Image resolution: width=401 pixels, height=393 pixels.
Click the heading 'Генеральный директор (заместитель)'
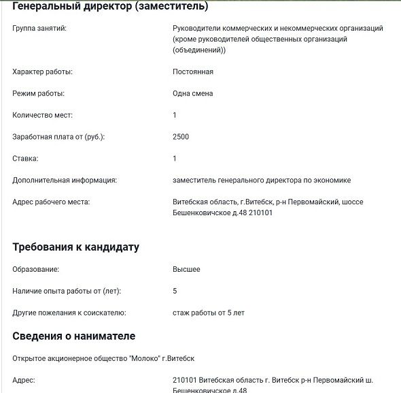pyautogui.click(x=110, y=7)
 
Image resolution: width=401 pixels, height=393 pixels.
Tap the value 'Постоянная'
pyautogui.click(x=193, y=72)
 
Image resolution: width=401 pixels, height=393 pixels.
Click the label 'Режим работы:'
pyautogui.click(x=39, y=93)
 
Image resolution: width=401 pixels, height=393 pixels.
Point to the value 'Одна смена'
pyautogui.click(x=193, y=93)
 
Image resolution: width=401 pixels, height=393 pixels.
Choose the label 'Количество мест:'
pyautogui.click(x=42, y=115)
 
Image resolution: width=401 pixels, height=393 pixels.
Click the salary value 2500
pyautogui.click(x=181, y=137)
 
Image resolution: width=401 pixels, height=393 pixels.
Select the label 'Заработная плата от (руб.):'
pyautogui.click(x=58, y=137)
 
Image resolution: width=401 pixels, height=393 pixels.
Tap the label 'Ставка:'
pyautogui.click(x=26, y=159)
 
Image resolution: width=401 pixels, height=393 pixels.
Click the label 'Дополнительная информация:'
pyautogui.click(x=65, y=180)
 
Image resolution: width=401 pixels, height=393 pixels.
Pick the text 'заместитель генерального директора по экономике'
pyautogui.click(x=262, y=180)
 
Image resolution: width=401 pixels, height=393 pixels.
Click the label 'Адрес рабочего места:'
pyautogui.click(x=51, y=202)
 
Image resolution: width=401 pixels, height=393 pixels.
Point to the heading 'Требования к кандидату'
pyautogui.click(x=76, y=247)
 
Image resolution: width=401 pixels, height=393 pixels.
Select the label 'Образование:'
pyautogui.click(x=36, y=270)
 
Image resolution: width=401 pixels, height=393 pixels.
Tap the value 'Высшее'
pyautogui.click(x=187, y=270)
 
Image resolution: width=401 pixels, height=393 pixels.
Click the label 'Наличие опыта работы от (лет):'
pyautogui.click(x=67, y=292)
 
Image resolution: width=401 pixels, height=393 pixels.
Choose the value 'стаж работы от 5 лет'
pyautogui.click(x=209, y=313)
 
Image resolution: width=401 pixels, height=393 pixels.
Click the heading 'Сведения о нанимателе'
pyautogui.click(x=74, y=336)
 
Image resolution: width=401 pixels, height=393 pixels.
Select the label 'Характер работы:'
pyautogui.click(x=43, y=72)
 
